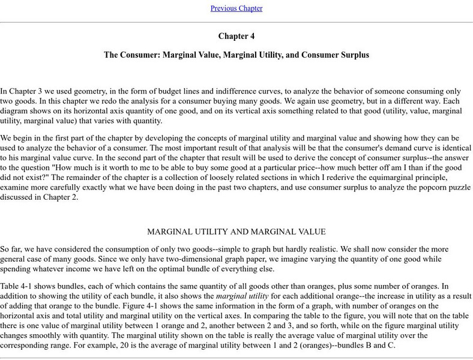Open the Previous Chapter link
[x=236, y=8]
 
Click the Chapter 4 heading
[x=236, y=36]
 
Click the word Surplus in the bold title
[x=354, y=55]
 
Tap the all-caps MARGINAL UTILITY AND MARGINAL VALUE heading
[x=236, y=232]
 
